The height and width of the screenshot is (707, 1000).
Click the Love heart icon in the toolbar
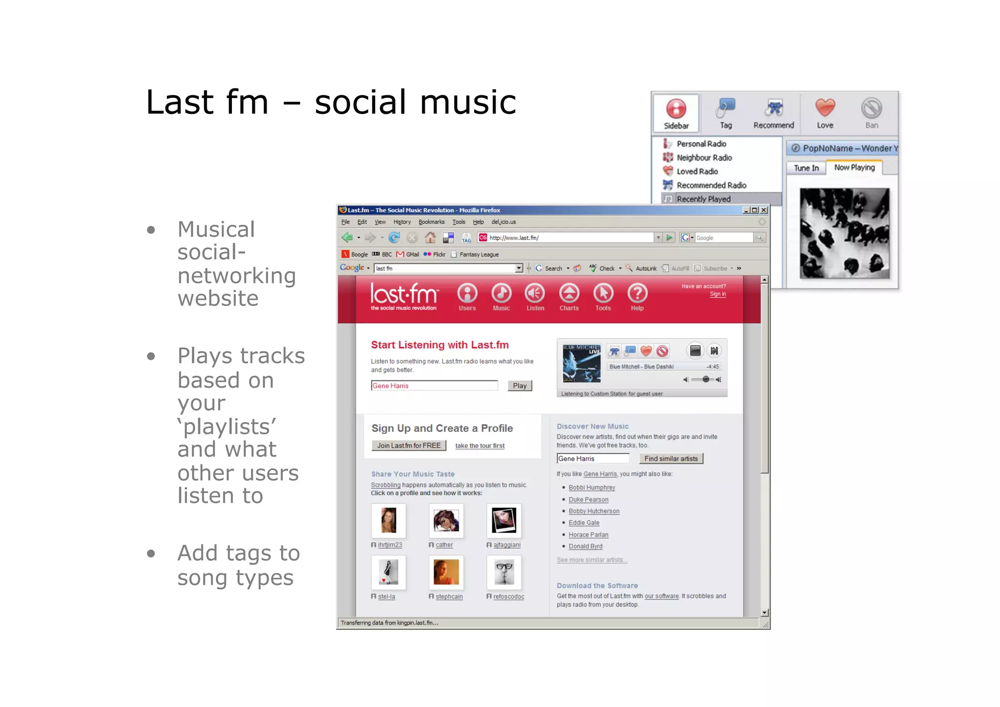click(825, 108)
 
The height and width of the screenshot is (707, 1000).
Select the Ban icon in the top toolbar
click(872, 108)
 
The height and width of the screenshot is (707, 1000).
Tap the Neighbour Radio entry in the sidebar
click(704, 157)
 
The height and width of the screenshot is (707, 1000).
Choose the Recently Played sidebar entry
click(704, 199)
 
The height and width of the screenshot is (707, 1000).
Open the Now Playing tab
click(854, 168)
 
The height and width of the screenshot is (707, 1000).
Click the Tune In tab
click(806, 168)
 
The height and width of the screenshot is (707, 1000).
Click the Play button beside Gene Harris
click(520, 386)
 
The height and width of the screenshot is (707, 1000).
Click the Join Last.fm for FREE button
click(409, 446)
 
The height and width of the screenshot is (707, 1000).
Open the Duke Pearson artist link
click(588, 499)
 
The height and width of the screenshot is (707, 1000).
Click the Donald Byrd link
click(585, 546)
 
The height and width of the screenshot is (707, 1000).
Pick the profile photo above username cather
click(446, 520)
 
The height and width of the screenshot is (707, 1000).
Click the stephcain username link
click(449, 597)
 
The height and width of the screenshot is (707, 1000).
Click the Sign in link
click(718, 294)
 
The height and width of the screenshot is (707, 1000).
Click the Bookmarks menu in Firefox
click(432, 222)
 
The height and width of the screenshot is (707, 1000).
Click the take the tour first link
click(480, 446)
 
